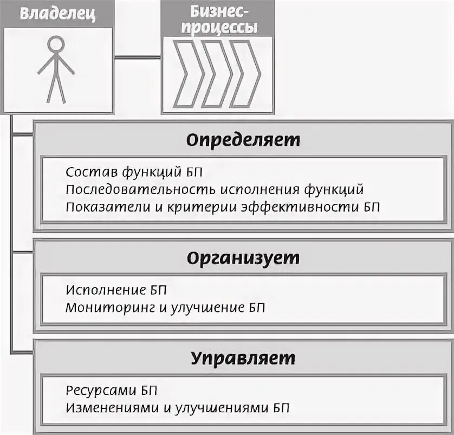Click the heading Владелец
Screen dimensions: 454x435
pos(57,14)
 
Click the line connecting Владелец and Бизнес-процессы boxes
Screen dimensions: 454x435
pos(137,57)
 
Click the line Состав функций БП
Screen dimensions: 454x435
pos(134,173)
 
